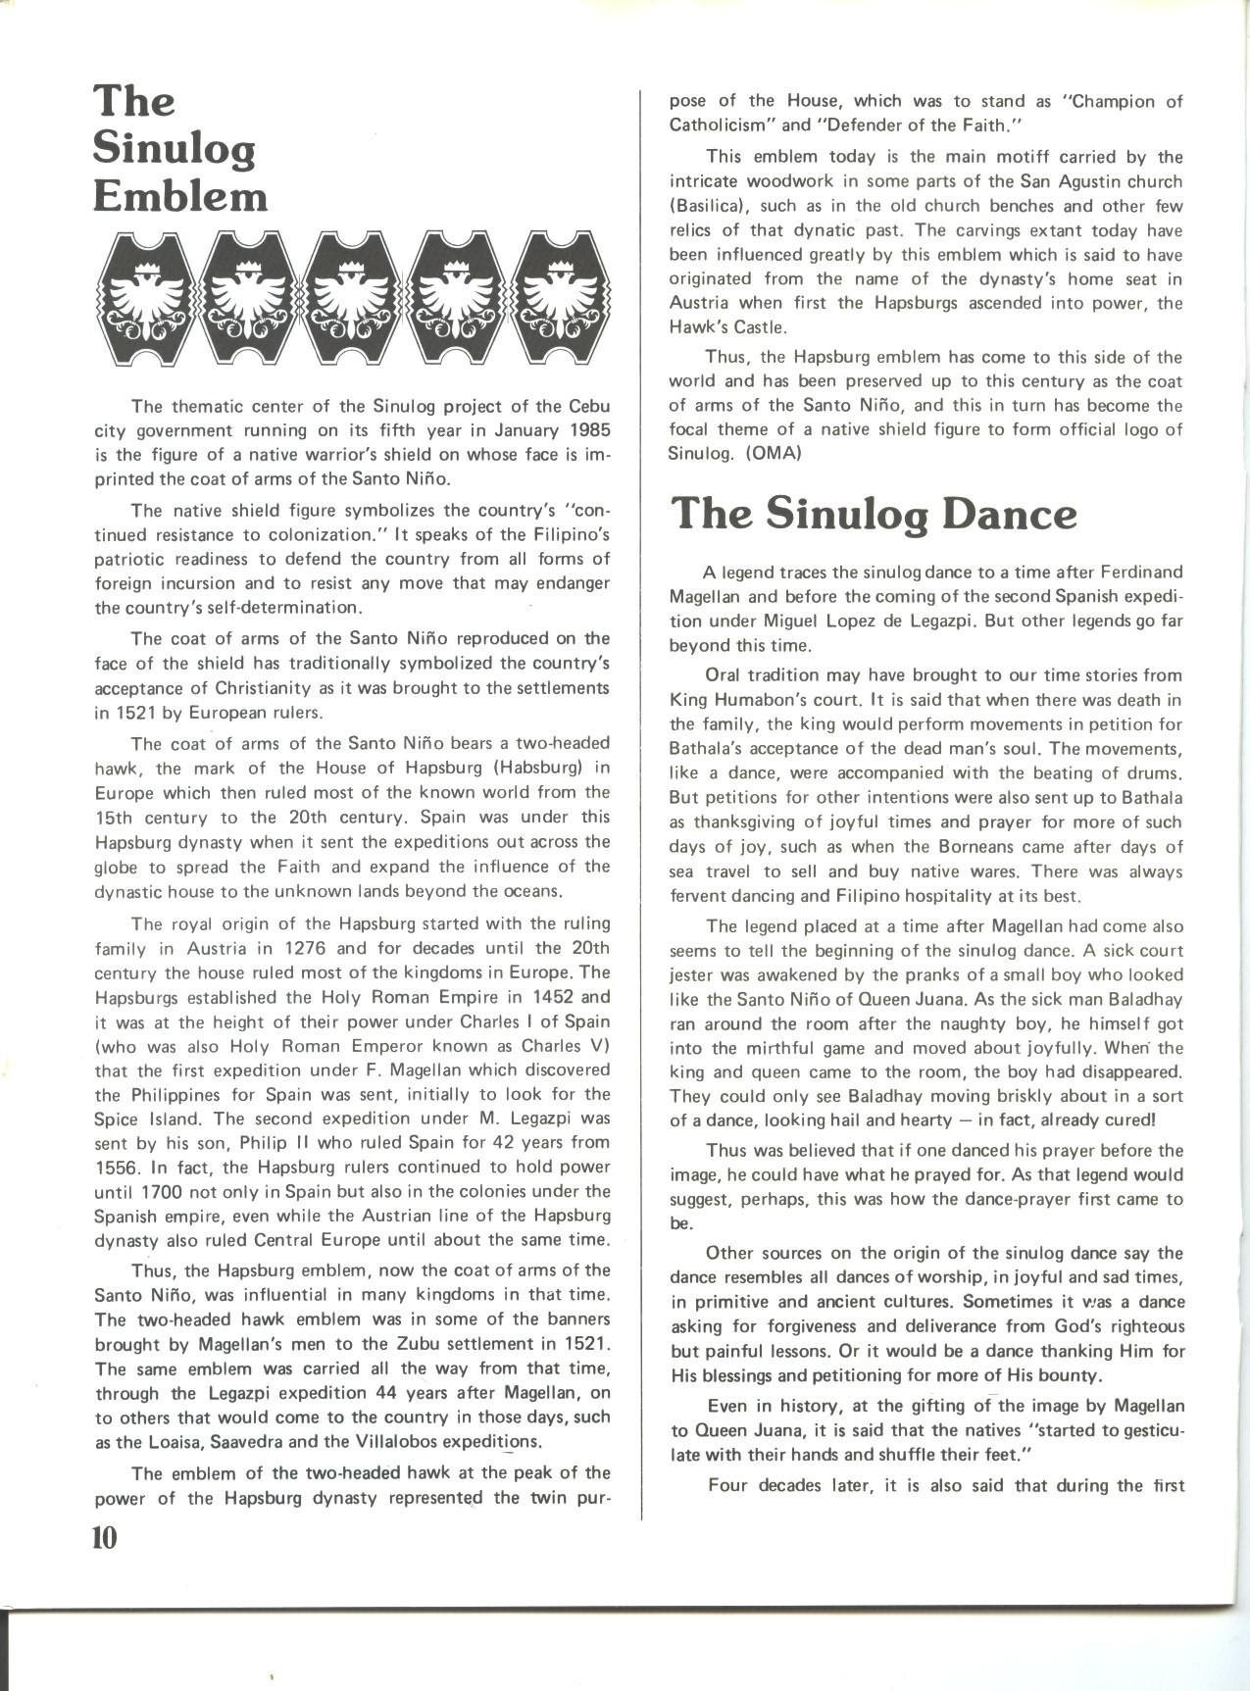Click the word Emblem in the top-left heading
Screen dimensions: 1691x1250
point(180,196)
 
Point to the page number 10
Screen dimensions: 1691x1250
point(105,1536)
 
